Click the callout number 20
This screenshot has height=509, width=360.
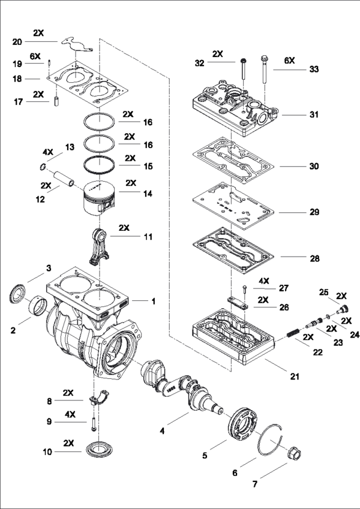[17, 42]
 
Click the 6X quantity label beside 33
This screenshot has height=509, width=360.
[289, 61]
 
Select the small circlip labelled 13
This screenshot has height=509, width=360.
[43, 166]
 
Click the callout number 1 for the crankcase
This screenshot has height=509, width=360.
[154, 300]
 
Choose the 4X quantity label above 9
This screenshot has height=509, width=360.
[70, 414]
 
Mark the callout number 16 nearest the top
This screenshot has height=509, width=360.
[148, 122]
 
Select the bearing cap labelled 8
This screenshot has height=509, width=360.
[100, 397]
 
